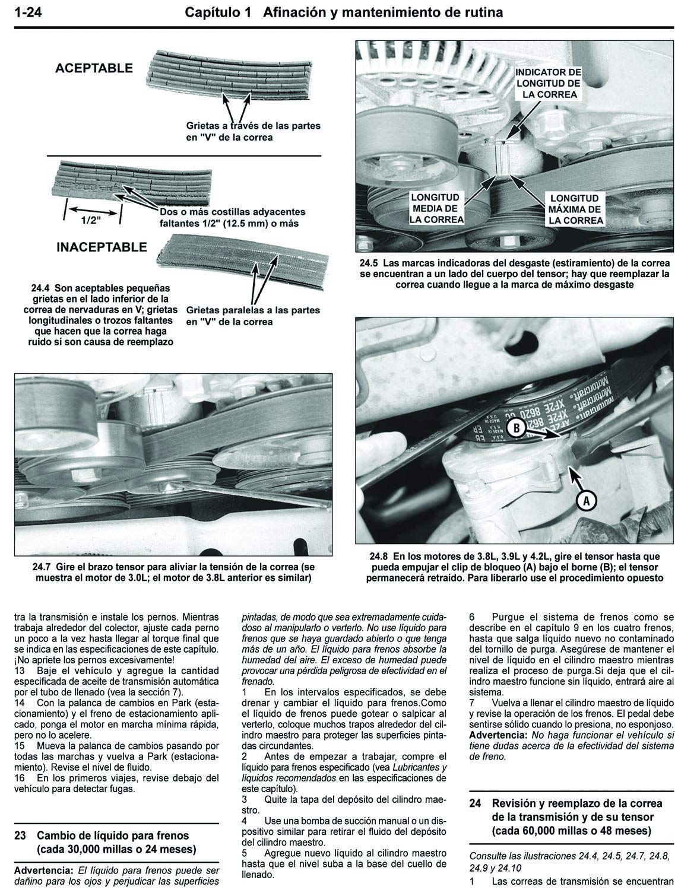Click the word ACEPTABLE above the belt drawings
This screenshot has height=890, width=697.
(94, 68)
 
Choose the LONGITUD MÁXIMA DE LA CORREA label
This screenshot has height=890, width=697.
(575, 209)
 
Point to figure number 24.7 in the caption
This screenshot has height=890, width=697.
(42, 567)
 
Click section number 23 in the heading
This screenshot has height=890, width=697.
(20, 835)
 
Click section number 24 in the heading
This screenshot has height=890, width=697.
(475, 803)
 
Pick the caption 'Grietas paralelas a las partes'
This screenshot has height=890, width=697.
(253, 310)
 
